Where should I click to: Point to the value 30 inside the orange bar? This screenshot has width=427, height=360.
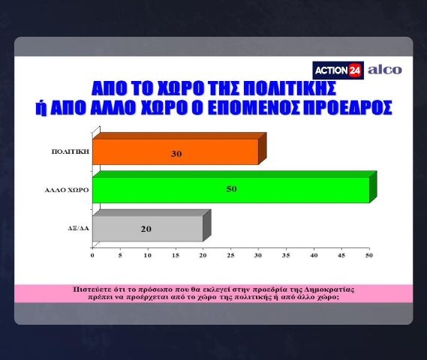[x=176, y=154]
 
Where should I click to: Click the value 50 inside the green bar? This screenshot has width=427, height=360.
[x=231, y=189]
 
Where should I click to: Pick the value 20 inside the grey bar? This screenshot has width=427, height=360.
[x=146, y=229]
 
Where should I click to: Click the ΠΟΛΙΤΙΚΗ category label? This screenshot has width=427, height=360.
[x=71, y=151]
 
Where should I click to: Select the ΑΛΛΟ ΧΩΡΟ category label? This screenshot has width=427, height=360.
[x=67, y=190]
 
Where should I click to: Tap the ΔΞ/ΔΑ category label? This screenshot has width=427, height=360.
[x=79, y=229]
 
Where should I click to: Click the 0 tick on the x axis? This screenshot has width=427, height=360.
[x=92, y=256]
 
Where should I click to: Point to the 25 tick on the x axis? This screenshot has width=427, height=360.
[x=230, y=256]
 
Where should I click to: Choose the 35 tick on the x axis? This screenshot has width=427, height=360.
[x=286, y=256]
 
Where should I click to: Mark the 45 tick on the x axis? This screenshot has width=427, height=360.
[x=341, y=256]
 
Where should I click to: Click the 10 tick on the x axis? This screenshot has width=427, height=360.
[x=148, y=256]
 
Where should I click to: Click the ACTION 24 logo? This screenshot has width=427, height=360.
[x=338, y=70]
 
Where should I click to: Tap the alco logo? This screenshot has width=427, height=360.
[x=385, y=70]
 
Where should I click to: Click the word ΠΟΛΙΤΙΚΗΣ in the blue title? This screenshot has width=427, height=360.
[x=289, y=88]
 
